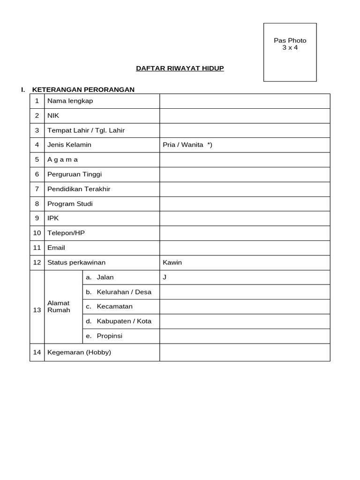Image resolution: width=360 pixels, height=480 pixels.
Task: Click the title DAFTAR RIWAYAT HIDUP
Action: tap(180, 68)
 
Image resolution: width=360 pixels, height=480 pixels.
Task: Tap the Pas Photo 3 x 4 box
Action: tap(290, 52)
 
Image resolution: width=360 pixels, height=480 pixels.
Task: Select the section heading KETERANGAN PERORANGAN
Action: tap(83, 90)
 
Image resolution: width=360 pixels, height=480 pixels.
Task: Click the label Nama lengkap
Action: tap(70, 101)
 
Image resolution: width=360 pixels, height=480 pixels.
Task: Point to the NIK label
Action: tap(53, 116)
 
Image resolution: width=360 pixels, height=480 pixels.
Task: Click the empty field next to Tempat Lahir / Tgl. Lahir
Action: tap(245, 130)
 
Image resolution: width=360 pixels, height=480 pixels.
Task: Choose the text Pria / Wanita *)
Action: tap(187, 145)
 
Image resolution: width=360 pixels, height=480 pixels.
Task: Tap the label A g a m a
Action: tap(62, 159)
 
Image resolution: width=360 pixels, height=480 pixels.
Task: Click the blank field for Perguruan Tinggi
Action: tap(245, 174)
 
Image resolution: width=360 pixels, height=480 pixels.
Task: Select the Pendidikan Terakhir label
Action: tap(79, 189)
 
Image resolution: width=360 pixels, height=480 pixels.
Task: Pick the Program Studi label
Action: tap(70, 204)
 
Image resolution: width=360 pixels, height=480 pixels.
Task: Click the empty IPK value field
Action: tap(245, 218)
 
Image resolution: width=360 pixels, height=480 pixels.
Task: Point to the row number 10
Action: tap(37, 233)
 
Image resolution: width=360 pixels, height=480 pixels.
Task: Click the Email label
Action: tap(56, 247)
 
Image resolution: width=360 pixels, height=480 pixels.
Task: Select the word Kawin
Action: tap(172, 262)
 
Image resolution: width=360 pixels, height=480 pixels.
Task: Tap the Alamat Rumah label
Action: tap(59, 307)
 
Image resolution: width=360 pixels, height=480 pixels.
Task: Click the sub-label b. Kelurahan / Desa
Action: tap(119, 292)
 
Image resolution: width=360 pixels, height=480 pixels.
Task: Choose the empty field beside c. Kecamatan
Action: tap(245, 307)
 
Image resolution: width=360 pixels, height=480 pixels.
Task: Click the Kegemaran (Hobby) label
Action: tap(79, 352)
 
